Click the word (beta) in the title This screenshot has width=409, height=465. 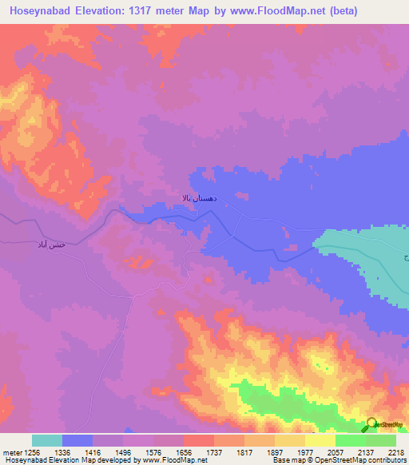(x=380, y=10)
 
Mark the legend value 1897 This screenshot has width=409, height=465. (x=276, y=451)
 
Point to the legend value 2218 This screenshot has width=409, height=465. (x=397, y=451)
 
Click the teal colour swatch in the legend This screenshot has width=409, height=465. (x=47, y=440)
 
